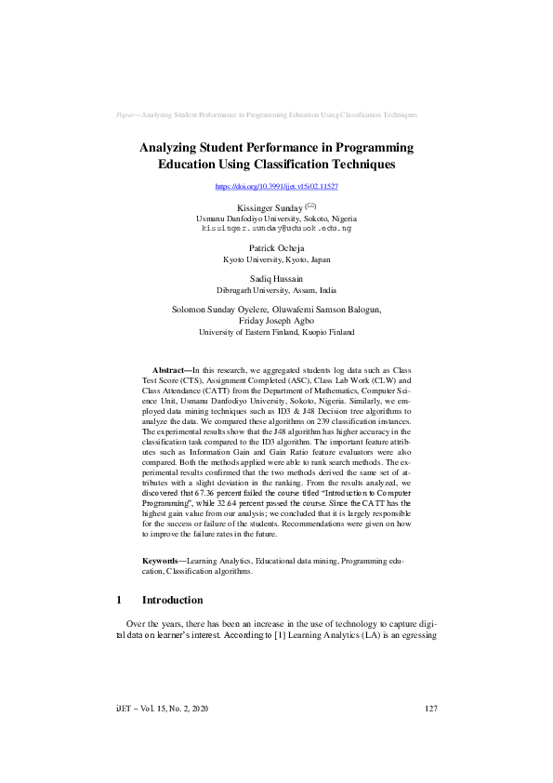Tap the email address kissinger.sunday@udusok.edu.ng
coord(276,227)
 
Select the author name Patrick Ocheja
coord(276,247)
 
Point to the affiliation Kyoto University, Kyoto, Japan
coord(276,259)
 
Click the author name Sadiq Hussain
coord(276,279)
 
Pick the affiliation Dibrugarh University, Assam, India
coord(276,291)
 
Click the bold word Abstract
coord(170,370)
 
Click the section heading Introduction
coord(172,601)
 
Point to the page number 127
coord(429,709)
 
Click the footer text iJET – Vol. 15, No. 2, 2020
coord(156,709)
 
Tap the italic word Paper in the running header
coord(125,114)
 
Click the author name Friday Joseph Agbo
coord(276,320)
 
